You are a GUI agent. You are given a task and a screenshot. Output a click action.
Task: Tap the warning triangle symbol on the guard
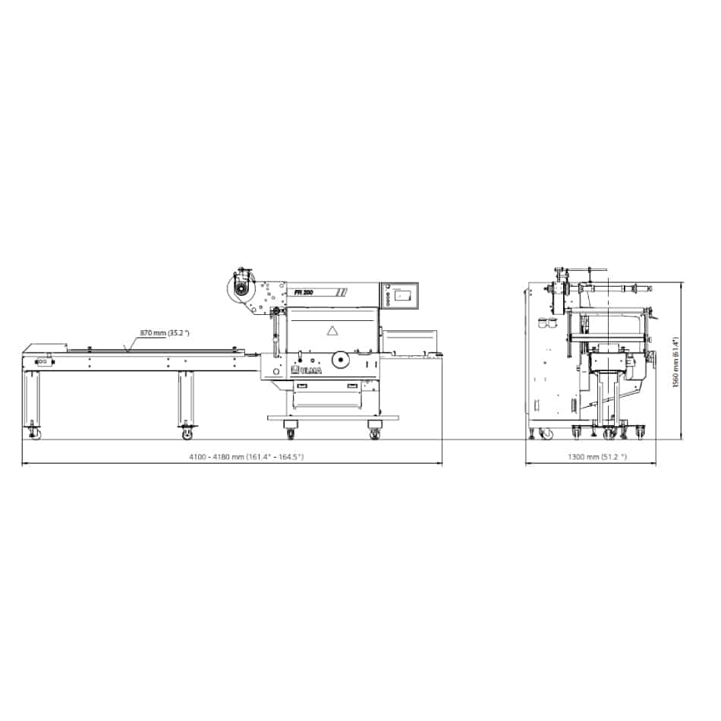[331, 331]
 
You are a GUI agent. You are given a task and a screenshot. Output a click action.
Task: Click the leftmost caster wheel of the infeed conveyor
[35, 433]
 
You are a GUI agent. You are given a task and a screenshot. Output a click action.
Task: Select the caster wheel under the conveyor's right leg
[187, 433]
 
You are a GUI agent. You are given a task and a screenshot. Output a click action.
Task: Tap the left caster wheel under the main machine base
[291, 433]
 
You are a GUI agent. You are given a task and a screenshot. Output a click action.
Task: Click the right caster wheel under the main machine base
[374, 433]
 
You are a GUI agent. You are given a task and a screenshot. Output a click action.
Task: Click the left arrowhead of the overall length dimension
[24, 464]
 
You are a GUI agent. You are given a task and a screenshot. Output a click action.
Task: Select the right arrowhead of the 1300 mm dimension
[655, 464]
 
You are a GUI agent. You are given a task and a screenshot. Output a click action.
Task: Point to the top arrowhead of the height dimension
[682, 284]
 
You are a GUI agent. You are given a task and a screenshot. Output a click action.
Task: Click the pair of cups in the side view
[548, 323]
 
